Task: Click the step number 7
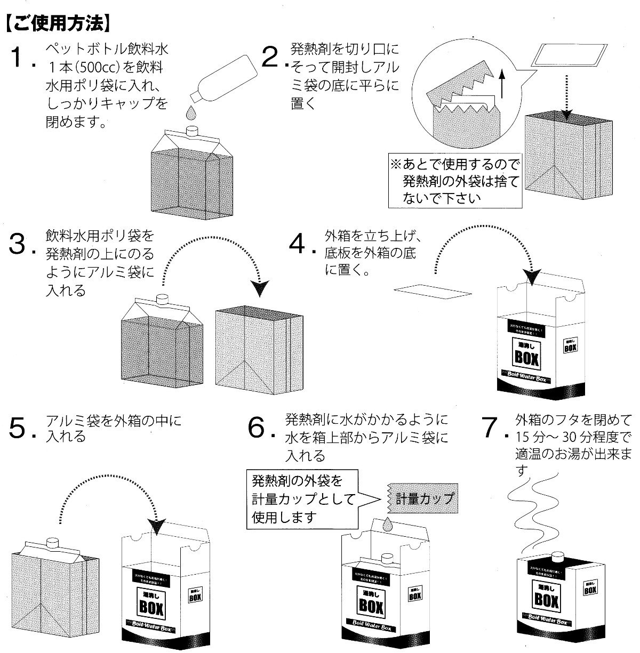(x=493, y=429)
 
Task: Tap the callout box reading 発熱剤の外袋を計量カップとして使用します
(x=304, y=499)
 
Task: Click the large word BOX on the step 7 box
(x=547, y=601)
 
